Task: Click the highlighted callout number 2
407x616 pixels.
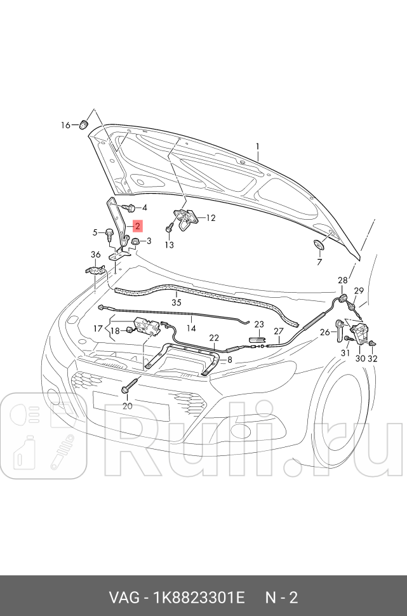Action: tap(138, 225)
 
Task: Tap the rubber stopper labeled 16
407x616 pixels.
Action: tap(84, 123)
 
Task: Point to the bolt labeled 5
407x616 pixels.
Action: tap(110, 235)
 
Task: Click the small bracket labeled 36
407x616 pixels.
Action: tap(95, 271)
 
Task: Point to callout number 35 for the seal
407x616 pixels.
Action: tap(176, 303)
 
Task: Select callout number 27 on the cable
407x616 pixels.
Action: tap(278, 331)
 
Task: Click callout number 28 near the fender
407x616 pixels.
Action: tap(343, 280)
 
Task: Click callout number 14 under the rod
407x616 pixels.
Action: tap(191, 328)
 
